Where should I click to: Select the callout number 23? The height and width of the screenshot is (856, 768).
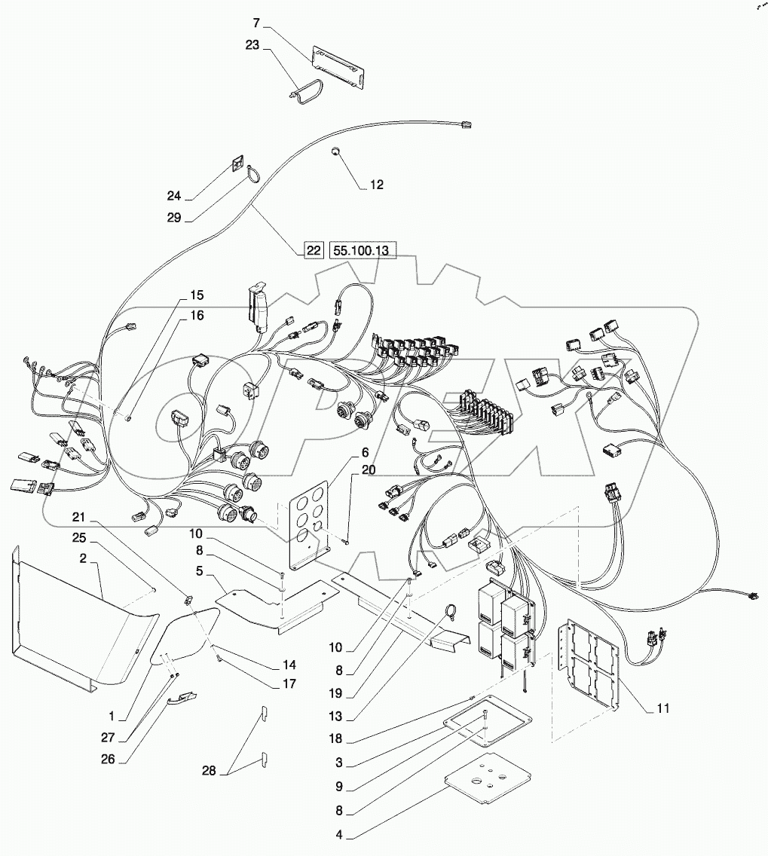[x=251, y=45]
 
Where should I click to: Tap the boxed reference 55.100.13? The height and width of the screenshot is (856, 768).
[x=363, y=251]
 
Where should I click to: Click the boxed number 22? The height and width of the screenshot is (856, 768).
[x=313, y=251]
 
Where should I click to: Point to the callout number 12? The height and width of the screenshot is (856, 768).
[x=376, y=185]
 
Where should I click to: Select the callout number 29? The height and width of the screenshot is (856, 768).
[x=175, y=217]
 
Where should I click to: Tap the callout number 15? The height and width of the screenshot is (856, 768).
[x=197, y=295]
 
